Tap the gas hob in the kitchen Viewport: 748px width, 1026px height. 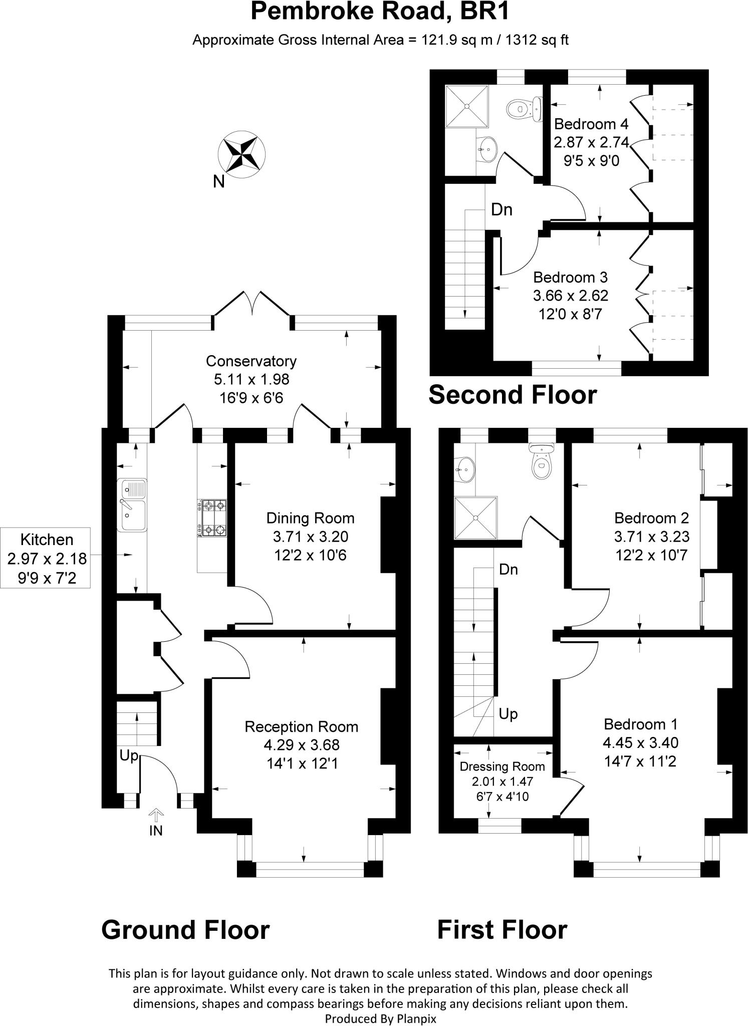(x=213, y=518)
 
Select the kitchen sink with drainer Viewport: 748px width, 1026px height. (x=132, y=505)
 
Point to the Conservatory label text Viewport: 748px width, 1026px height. (x=251, y=361)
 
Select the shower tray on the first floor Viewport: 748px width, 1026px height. (x=476, y=518)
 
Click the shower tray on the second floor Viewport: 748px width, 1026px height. (x=466, y=106)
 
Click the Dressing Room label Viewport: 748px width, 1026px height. (x=502, y=766)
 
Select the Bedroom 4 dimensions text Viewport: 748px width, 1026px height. (x=591, y=143)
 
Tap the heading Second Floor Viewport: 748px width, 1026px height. (x=513, y=395)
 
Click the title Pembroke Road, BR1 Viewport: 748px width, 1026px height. (x=380, y=12)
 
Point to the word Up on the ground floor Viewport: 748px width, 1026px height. (x=128, y=756)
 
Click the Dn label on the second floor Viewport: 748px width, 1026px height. (x=502, y=210)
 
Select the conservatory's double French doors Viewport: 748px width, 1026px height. (x=252, y=304)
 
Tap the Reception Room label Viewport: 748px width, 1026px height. (x=301, y=726)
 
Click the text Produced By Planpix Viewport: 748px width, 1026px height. (x=380, y=1019)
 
